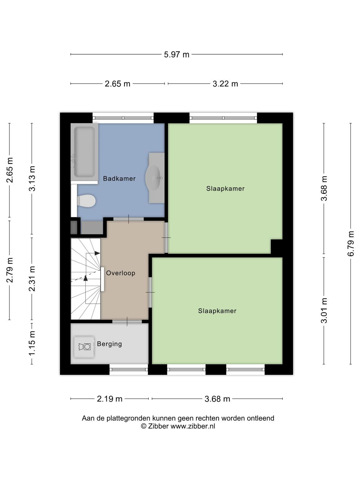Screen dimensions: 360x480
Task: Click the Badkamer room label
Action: point(119,178)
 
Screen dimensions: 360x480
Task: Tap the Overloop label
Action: point(121,273)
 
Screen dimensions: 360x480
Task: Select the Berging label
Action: point(109,344)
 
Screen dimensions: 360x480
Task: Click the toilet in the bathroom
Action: point(86,201)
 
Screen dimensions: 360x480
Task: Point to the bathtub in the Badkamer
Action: point(84,152)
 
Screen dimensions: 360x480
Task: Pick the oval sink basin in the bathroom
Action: point(153,178)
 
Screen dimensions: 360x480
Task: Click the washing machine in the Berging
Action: point(84,347)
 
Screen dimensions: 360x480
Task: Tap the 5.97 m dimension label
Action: point(177,55)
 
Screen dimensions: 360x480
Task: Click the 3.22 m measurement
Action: point(225,84)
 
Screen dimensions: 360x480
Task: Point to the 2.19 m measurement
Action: point(109,399)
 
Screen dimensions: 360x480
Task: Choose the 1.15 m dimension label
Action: point(32,343)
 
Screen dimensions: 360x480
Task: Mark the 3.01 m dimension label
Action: point(324,310)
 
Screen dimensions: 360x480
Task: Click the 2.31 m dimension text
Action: point(32,279)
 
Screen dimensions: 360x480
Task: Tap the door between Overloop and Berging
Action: point(127,322)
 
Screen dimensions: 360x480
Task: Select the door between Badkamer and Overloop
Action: point(128,219)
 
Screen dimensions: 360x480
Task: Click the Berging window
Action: point(129,369)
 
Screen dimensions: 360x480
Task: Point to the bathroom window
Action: point(123,118)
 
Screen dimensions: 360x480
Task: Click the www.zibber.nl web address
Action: point(193,426)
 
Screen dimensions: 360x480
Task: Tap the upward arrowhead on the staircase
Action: point(85,278)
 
